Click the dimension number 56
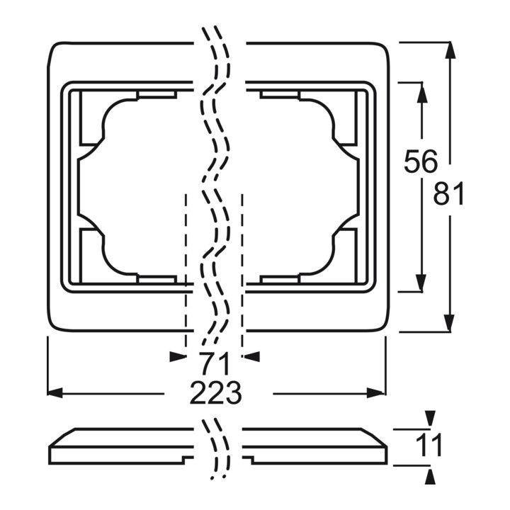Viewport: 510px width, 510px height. tap(421, 161)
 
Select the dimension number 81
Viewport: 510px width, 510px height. tap(448, 193)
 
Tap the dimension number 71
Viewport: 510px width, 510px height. tap(215, 363)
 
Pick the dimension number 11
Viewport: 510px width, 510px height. tap(429, 445)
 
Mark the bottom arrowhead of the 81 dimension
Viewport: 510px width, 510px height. tap(450, 323)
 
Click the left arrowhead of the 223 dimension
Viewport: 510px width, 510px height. tap(55, 392)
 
